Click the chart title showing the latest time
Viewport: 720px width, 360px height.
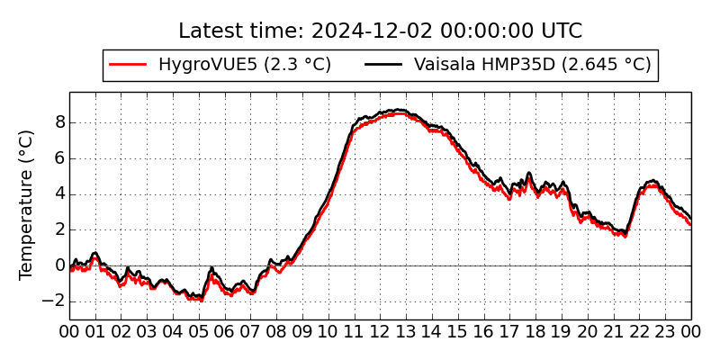click(x=380, y=31)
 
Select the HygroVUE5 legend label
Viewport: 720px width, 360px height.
click(x=245, y=64)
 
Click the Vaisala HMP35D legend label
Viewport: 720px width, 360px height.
click(x=532, y=64)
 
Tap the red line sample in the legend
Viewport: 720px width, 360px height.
click(x=127, y=65)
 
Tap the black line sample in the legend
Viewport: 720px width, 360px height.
click(x=383, y=65)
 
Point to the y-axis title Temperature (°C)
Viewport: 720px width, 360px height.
click(x=27, y=204)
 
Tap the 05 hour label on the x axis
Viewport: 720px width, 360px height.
click(x=199, y=331)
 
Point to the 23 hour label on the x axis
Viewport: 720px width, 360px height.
click(x=666, y=331)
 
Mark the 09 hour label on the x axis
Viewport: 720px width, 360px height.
click(x=302, y=331)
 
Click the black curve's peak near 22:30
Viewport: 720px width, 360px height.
click(x=652, y=181)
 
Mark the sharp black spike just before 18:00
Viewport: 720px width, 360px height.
click(x=529, y=173)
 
